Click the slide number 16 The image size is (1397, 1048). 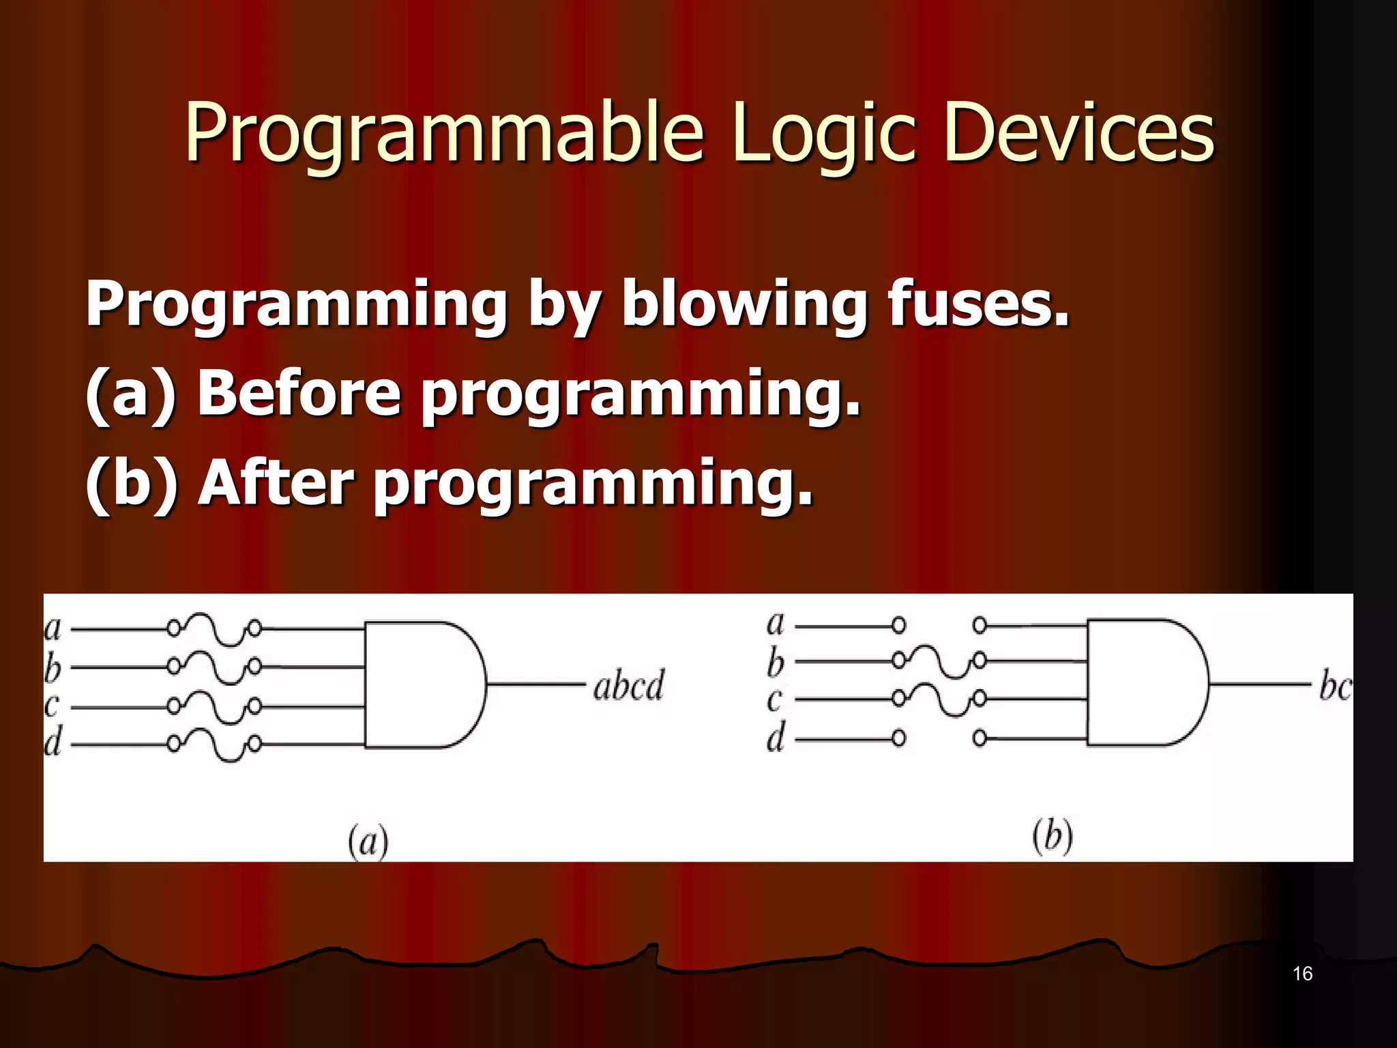pos(1302,974)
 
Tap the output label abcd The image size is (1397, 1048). pos(628,686)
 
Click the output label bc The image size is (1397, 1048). pos(1334,686)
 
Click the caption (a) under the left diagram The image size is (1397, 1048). pos(368,841)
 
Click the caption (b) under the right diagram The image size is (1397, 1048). pos(1052,836)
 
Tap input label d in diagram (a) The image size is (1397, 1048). pos(53,742)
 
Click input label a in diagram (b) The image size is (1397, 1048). pos(776,624)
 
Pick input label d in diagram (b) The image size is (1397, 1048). pos(776,738)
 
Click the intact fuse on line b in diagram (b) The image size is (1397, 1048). pos(939,660)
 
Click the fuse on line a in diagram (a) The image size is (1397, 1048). pos(214,628)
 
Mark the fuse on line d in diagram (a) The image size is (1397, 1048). pos(214,744)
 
